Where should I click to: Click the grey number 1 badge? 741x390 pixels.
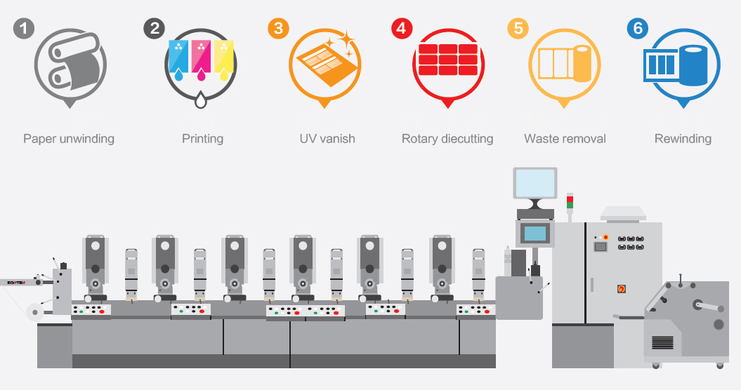(24, 28)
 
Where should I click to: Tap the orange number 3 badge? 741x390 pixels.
(278, 28)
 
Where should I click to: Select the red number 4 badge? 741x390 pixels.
(402, 28)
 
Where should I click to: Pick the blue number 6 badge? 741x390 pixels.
(638, 28)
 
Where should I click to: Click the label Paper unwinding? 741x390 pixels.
(69, 139)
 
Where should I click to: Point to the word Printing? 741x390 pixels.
(203, 139)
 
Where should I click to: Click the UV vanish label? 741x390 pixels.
(327, 139)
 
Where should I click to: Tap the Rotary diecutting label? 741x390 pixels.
(447, 139)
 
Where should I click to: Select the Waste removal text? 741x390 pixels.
(565, 139)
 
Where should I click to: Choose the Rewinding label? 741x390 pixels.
(683, 139)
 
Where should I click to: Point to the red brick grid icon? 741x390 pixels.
(447, 60)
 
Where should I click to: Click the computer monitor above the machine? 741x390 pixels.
(535, 184)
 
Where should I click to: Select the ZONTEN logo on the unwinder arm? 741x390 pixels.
(16, 283)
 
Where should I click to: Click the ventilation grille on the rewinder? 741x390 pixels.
(662, 342)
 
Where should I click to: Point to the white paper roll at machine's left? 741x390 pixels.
(34, 311)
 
